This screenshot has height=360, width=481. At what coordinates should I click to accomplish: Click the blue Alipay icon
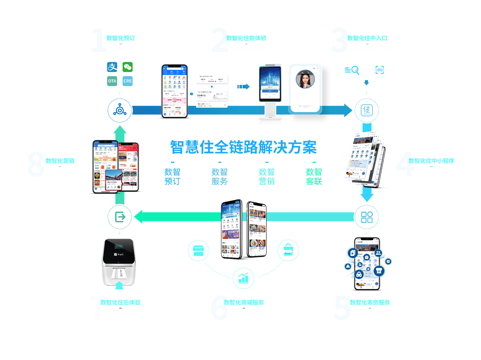coord(112,67)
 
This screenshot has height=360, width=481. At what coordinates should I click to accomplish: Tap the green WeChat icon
coord(128,67)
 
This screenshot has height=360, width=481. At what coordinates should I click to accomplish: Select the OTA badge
coord(112,81)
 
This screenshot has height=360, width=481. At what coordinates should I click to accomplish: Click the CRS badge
coord(128,81)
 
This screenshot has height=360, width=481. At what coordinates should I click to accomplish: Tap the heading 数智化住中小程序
coord(431,161)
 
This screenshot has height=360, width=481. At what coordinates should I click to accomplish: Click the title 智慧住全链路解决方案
coord(243,148)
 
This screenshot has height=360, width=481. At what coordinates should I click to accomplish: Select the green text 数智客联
coord(314,177)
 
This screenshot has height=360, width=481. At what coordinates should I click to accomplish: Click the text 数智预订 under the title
coord(172,177)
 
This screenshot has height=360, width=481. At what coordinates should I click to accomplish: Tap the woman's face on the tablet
coord(305,79)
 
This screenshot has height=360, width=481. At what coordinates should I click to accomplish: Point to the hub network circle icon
coord(120,110)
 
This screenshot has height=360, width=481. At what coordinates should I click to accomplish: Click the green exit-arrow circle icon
coord(120,217)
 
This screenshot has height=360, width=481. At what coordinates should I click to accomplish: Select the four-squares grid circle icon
coord(367,217)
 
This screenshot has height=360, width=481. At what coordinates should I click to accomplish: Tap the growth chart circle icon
coord(243,278)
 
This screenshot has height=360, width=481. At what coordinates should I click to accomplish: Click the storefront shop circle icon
coord(198,250)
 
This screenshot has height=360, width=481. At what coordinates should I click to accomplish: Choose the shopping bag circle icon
coord(288,250)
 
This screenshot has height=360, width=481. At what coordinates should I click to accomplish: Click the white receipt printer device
coord(119,262)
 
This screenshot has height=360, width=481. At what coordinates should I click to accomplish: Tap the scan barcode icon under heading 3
coord(380,70)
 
